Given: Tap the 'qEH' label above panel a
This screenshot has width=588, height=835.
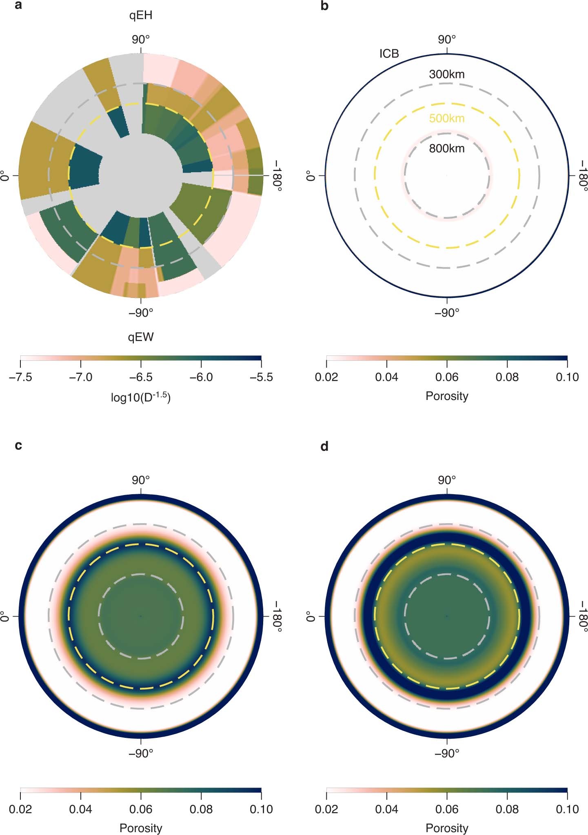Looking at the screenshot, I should coord(141,16).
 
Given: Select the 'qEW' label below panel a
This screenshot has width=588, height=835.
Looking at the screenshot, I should coord(141,337).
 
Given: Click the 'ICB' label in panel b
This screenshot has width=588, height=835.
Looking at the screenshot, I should coord(389,53).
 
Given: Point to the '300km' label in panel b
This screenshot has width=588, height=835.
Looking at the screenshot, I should coord(446,74).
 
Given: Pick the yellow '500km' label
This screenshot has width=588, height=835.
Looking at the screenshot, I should coord(446,118).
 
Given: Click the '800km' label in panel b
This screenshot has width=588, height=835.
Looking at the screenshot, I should coord(446,149).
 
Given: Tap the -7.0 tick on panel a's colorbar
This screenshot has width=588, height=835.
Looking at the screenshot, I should coord(80,377).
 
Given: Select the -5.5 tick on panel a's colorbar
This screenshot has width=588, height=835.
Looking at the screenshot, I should coord(261,377).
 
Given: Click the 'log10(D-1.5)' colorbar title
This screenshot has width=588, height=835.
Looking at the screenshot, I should coord(141,396).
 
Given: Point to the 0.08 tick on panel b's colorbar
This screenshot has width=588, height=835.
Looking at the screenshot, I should coord(507,377).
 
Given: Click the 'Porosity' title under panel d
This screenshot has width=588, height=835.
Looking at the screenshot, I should coord(446,828).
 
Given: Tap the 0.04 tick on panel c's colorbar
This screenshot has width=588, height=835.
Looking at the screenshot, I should coord(80,809).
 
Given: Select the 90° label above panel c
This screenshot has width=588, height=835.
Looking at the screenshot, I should coord(141,480).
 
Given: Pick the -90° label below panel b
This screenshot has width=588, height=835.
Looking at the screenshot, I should coord(446,313).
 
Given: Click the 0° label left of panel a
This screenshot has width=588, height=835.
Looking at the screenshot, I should coord(5,176).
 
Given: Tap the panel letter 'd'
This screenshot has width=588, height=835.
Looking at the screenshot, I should coord(324,446).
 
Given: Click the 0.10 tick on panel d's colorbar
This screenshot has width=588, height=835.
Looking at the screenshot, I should coord(567,809).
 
